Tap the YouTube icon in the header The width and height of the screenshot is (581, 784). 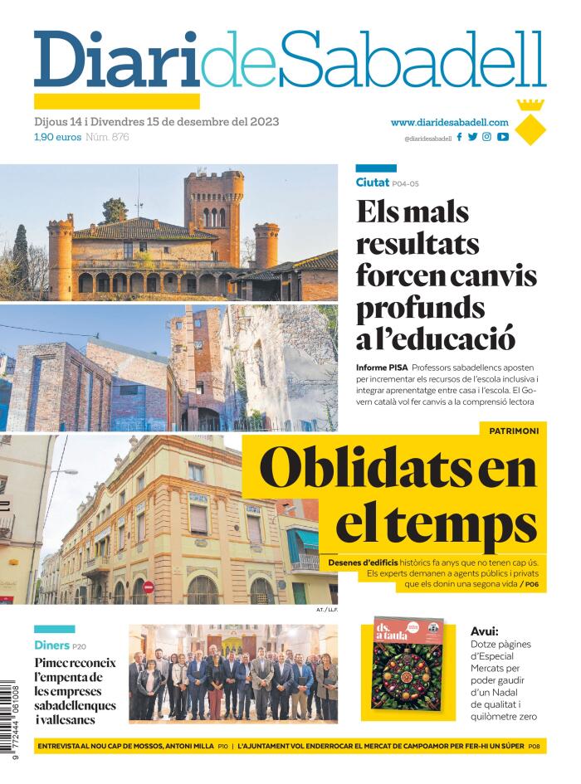pos(503,137)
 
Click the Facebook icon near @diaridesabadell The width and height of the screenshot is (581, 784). pos(460,137)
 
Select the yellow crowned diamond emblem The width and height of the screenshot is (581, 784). pos(530,123)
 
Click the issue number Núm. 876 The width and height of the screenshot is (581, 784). pos(107,137)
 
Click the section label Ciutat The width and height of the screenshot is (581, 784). pos(372,183)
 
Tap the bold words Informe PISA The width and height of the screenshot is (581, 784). pos(382,368)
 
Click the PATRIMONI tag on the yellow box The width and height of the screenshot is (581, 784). pos(514,431)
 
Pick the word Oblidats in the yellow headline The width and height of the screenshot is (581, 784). pos(349,469)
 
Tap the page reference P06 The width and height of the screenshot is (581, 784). pos(531,584)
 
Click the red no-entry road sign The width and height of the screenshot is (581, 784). pos(149,587)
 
